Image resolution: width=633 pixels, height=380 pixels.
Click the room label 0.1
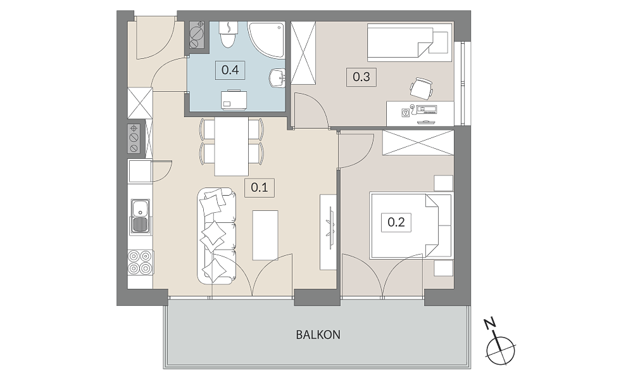[259, 187]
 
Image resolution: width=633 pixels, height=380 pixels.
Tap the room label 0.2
[396, 222]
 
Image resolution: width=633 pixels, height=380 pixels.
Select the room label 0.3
[361, 77]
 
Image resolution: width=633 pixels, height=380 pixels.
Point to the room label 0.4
[230, 70]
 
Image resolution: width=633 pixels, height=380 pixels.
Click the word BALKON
[318, 335]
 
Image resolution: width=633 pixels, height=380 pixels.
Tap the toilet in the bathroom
[228, 34]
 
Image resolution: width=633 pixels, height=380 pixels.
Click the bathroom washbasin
[277, 77]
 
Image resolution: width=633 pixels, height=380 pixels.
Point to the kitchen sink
[140, 217]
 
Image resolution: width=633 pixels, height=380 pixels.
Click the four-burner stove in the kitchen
[140, 262]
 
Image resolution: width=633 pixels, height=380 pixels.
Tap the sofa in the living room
[216, 236]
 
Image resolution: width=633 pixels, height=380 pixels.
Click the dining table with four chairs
[231, 146]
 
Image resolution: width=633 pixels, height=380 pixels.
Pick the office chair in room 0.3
[422, 87]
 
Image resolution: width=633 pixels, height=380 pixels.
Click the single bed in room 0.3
[410, 42]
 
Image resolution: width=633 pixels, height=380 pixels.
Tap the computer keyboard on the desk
[426, 108]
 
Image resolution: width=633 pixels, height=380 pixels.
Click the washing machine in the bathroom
[234, 99]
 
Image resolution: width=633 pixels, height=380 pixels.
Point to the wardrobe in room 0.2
[418, 142]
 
